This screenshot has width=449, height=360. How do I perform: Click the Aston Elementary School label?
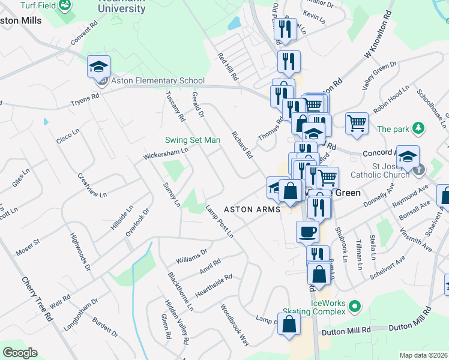click(157, 81)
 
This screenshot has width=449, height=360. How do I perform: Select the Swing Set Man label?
click(193, 140)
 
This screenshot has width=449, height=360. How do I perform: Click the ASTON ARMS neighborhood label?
click(252, 209)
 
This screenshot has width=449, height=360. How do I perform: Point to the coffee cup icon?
click(307, 231)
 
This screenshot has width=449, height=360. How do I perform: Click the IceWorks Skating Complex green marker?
click(354, 307)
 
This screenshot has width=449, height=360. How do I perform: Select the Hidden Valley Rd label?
click(178, 323)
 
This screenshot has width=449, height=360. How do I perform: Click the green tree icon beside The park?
click(419, 128)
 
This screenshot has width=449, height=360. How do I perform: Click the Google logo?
click(20, 353)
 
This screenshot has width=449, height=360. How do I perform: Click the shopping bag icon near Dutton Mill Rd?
click(289, 324)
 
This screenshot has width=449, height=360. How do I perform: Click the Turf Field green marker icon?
click(64, 5)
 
